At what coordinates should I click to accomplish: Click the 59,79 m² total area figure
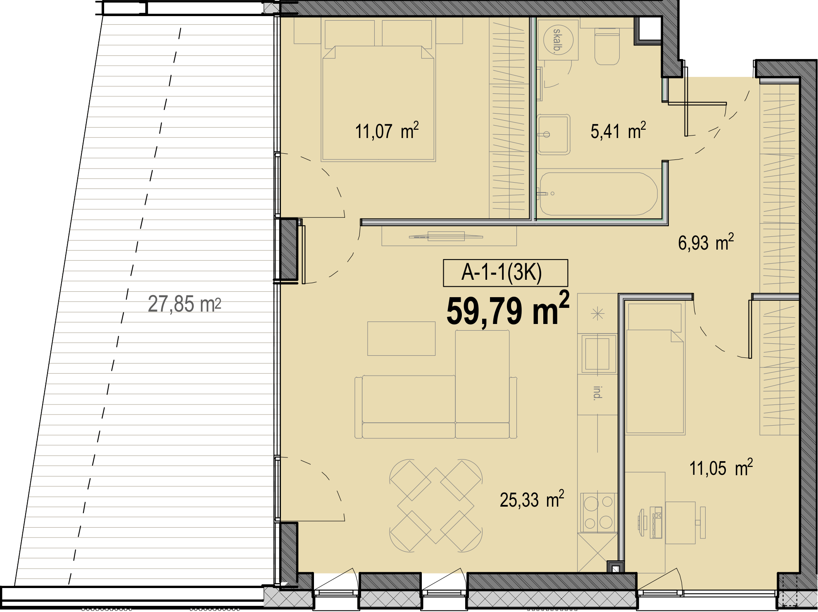pyautogui.click(x=508, y=310)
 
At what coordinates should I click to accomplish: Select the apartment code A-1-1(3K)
pyautogui.click(x=502, y=272)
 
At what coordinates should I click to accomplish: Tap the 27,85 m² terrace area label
pyautogui.click(x=184, y=304)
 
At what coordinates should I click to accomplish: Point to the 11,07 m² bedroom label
pyautogui.click(x=387, y=131)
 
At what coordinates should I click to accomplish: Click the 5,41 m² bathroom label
pyautogui.click(x=618, y=131)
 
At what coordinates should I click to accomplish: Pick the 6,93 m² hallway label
pyautogui.click(x=706, y=243)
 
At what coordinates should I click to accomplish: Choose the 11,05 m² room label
pyautogui.click(x=721, y=468)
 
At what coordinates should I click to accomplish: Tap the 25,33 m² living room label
pyautogui.click(x=532, y=500)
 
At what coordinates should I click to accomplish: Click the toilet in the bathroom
pyautogui.click(x=607, y=46)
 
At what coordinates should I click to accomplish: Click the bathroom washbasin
pyautogui.click(x=554, y=135)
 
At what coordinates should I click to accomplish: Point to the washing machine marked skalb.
pyautogui.click(x=557, y=40)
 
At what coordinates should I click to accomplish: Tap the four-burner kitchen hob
pyautogui.click(x=598, y=512)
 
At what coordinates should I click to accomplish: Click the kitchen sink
pyautogui.click(x=598, y=354)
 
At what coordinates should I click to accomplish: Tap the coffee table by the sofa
pyautogui.click(x=401, y=338)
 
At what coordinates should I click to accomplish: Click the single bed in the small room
pyautogui.click(x=655, y=368)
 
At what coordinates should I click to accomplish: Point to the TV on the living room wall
pyautogui.click(x=446, y=237)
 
